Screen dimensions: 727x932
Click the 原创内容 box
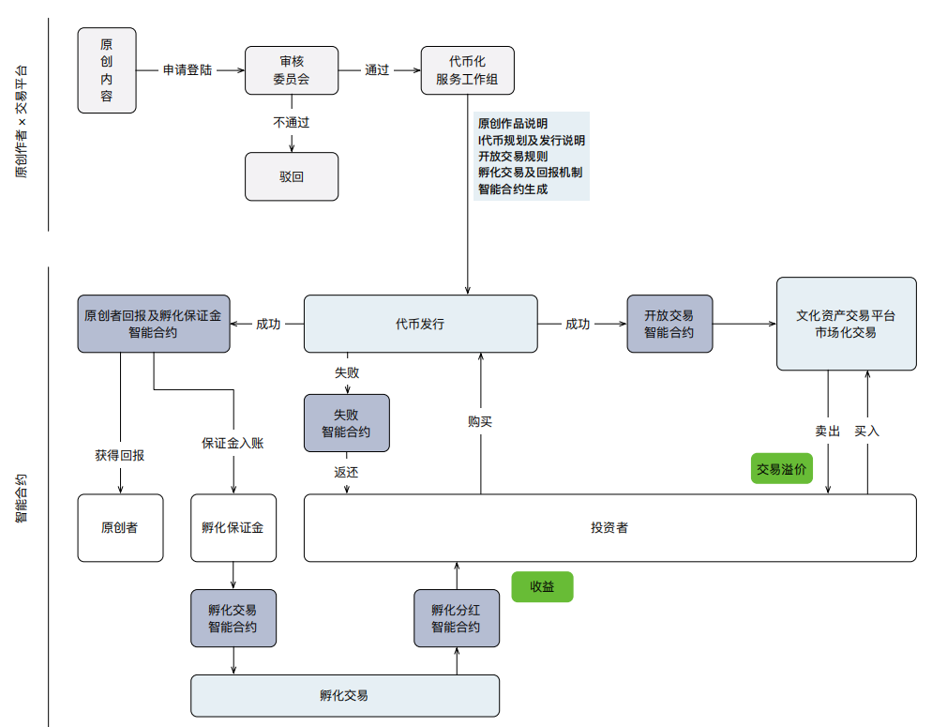click(107, 70)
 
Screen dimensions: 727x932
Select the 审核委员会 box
click(292, 70)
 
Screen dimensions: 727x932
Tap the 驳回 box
click(292, 176)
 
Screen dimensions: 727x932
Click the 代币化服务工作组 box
click(468, 70)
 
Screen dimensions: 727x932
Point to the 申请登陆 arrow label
click(188, 70)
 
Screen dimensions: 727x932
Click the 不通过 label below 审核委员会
click(292, 122)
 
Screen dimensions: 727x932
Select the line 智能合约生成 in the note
click(513, 189)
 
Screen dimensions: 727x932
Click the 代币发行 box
click(420, 325)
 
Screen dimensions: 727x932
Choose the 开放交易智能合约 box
click(669, 325)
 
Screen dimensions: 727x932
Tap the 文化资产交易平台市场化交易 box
click(846, 324)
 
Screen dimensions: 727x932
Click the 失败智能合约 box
click(346, 423)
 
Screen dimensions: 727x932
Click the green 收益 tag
click(542, 587)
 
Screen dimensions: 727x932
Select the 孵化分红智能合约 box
click(456, 618)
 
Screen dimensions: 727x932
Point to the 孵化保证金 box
click(233, 528)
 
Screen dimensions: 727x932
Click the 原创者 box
click(120, 528)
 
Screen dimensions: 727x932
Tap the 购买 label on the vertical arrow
click(480, 422)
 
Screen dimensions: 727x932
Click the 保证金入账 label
click(233, 443)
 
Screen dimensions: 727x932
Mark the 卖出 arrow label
click(827, 432)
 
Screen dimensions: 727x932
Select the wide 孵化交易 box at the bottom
click(344, 696)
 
